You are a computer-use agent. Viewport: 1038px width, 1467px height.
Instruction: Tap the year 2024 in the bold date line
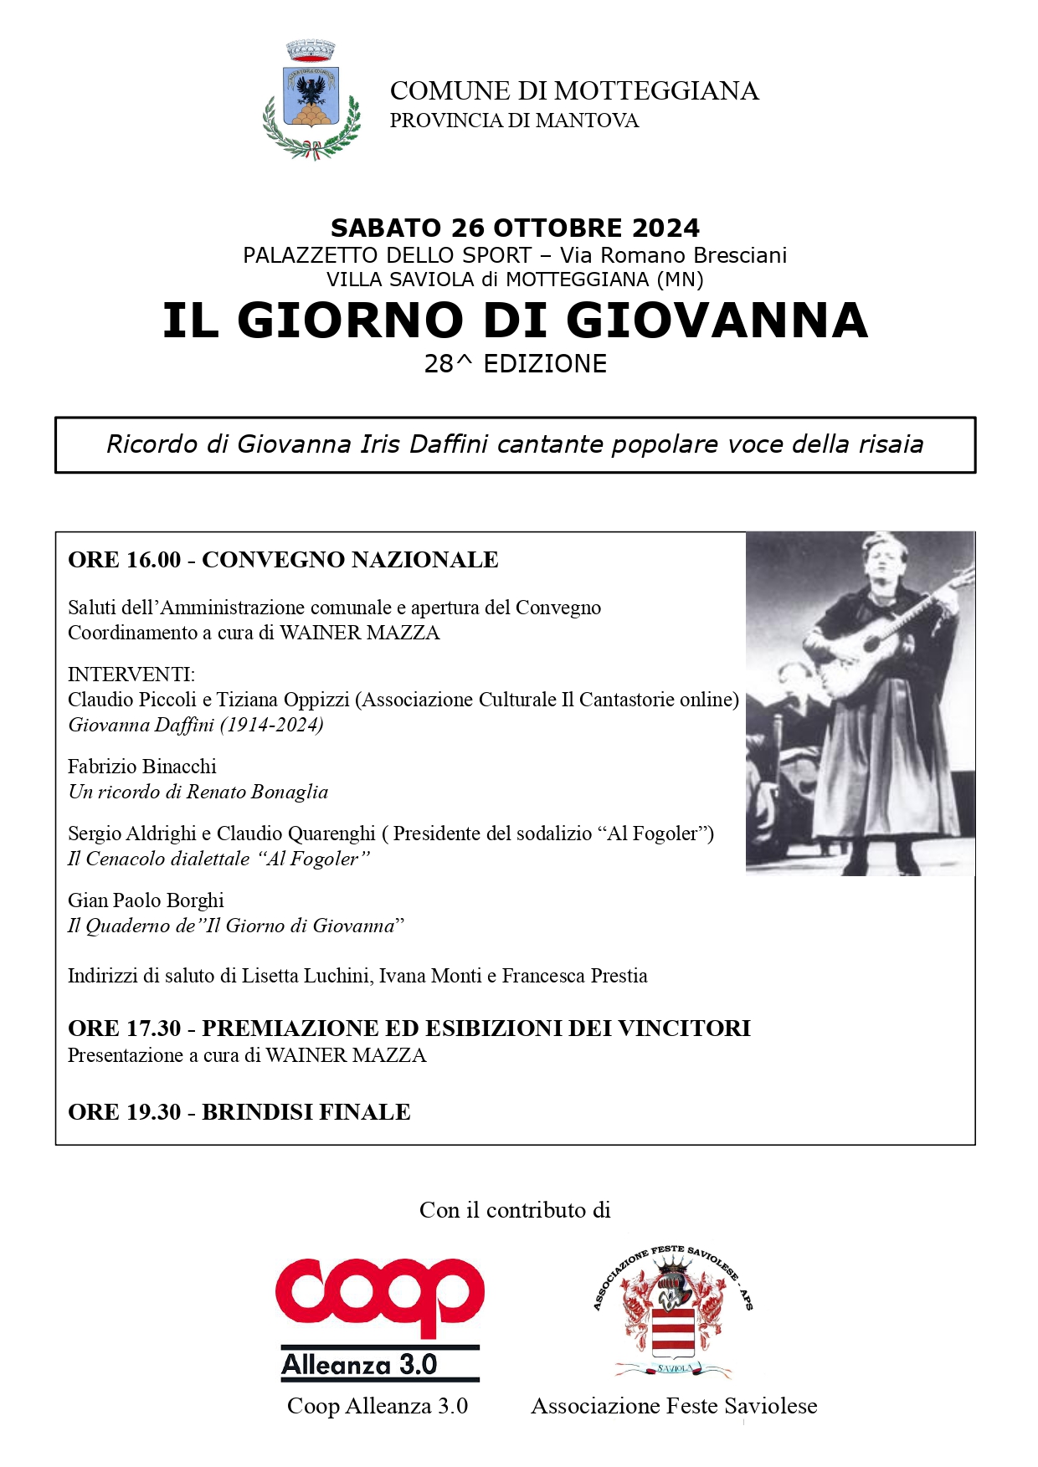click(665, 228)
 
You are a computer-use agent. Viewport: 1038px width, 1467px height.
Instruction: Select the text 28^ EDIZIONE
click(515, 364)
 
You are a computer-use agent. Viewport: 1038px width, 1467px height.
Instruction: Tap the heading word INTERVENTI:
click(131, 675)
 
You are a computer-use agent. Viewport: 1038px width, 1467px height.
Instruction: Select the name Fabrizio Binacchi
click(142, 767)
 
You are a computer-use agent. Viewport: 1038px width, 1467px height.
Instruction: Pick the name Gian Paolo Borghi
click(146, 900)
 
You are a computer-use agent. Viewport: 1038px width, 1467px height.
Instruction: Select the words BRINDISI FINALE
click(306, 1112)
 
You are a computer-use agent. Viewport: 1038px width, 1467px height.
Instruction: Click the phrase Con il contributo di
click(515, 1210)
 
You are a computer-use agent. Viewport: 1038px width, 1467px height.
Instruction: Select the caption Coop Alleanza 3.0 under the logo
click(378, 1406)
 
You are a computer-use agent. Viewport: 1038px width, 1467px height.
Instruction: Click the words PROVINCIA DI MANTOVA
click(514, 121)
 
